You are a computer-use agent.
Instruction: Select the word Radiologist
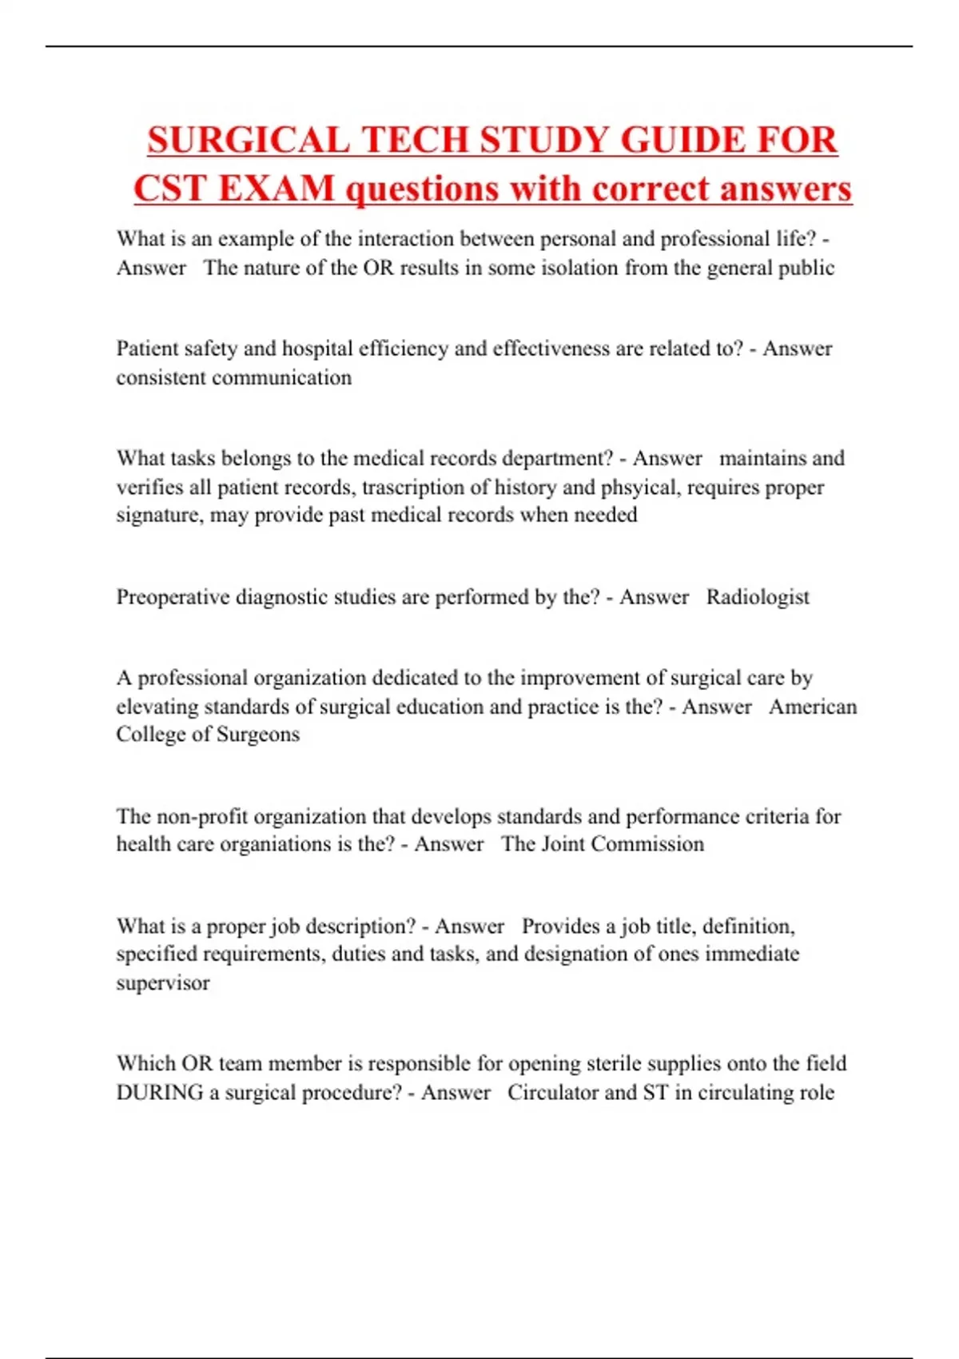coord(758,597)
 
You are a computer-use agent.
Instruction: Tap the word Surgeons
coord(258,735)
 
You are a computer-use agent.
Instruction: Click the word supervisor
coord(163,982)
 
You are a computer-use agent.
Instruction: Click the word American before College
coord(813,707)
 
